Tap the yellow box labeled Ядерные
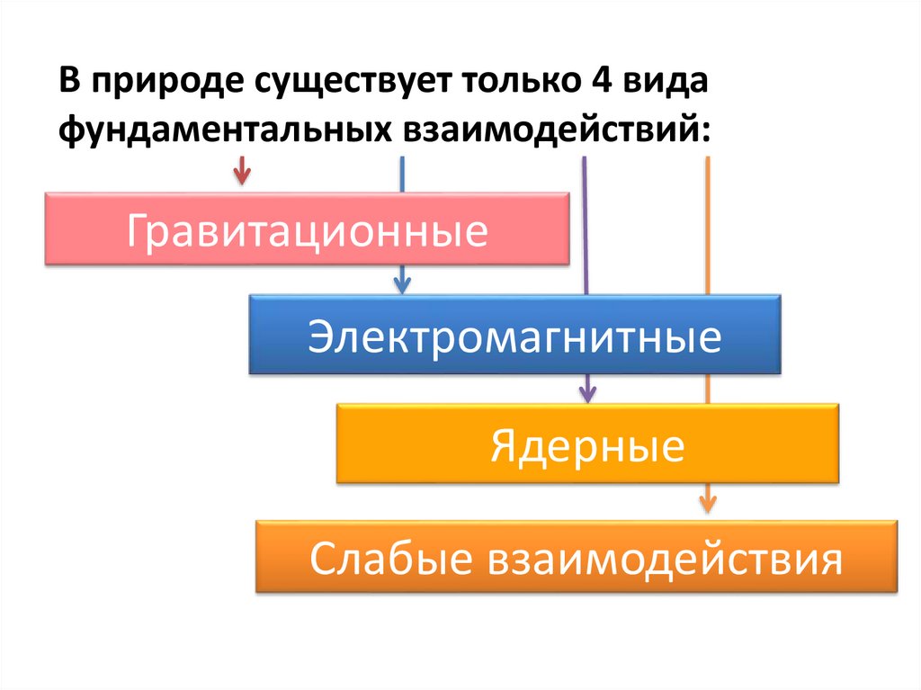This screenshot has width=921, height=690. (x=587, y=444)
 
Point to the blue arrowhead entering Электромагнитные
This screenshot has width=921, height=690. (x=402, y=283)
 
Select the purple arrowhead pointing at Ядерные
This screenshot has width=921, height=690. (x=587, y=392)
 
